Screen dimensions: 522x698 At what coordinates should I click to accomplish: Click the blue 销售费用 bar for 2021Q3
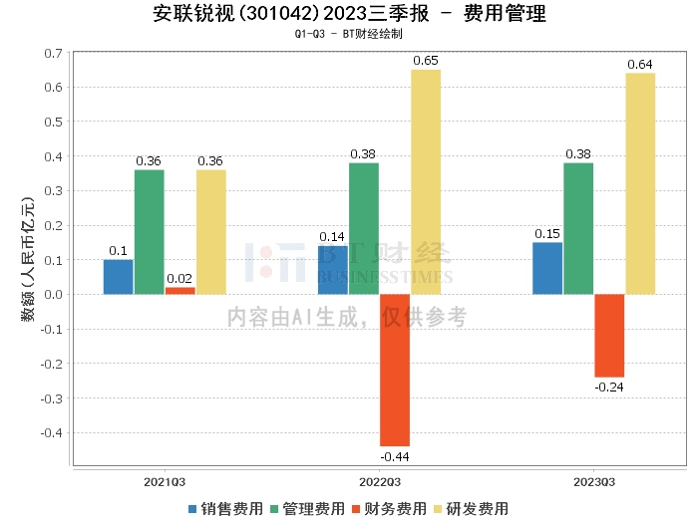coord(118,277)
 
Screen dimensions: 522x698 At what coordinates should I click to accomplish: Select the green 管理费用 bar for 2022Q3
coord(364,228)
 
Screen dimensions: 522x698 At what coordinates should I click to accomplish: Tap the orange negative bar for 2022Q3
coord(395,370)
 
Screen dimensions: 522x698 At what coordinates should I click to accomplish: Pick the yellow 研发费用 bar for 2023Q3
coord(640,183)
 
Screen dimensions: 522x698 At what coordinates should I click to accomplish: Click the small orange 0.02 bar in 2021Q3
coord(180,290)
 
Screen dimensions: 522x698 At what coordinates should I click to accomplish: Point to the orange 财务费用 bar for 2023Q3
coord(609,335)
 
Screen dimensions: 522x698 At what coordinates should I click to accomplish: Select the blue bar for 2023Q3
coord(547,268)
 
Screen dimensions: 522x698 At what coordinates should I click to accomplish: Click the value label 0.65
coord(426,62)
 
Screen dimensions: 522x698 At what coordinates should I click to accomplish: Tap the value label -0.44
coord(395,456)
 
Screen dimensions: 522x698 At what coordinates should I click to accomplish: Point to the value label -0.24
coord(609,387)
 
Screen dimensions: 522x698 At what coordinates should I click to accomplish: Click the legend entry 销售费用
coord(226,508)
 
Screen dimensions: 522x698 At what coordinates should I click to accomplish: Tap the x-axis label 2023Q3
coord(594,481)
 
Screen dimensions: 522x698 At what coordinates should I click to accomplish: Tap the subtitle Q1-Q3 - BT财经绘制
coord(349,34)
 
